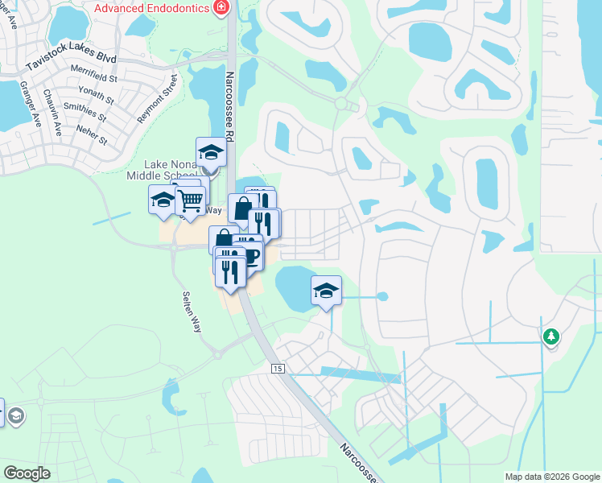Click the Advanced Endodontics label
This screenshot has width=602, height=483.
(x=152, y=8)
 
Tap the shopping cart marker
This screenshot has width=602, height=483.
(x=191, y=200)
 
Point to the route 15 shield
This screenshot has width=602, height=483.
(x=278, y=368)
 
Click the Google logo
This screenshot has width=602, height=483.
(x=27, y=473)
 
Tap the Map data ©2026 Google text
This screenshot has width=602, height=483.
(x=551, y=477)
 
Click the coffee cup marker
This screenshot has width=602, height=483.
(x=250, y=257)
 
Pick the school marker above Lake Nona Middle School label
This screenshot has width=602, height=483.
(x=211, y=151)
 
